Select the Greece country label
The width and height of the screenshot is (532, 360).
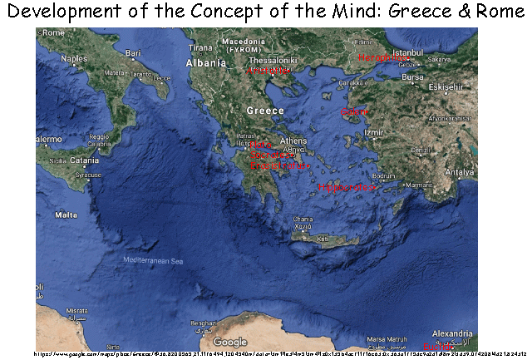(265, 111)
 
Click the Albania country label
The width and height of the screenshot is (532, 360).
(205, 62)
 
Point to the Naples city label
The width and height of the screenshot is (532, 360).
(73, 59)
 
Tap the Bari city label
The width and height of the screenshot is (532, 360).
(132, 53)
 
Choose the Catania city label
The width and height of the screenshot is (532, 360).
(84, 160)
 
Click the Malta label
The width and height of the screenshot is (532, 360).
(66, 215)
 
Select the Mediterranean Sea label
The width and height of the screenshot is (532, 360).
(153, 261)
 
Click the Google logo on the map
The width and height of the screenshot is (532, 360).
(230, 342)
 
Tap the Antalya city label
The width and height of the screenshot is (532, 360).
(459, 173)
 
